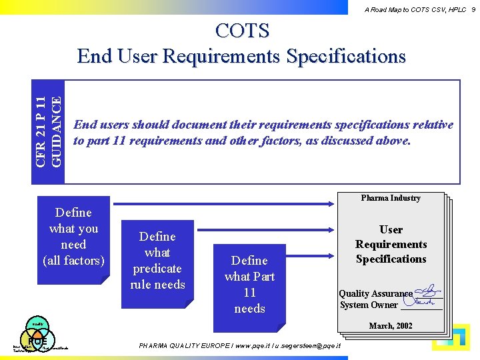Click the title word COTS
[x=242, y=31]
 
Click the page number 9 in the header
[x=472, y=9]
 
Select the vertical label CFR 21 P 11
[x=41, y=131]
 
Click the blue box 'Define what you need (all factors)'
[x=73, y=237]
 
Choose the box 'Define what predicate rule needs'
[x=157, y=261]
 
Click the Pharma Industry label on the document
[x=391, y=198]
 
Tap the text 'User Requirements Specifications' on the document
[x=391, y=244]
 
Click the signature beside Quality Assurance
[x=427, y=292]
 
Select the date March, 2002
[x=391, y=326]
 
